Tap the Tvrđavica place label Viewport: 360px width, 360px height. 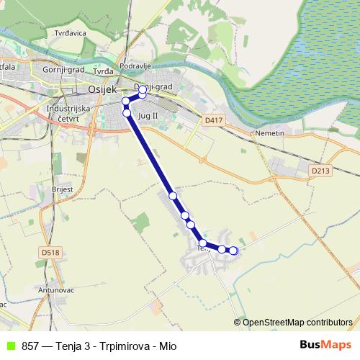(x=71, y=32)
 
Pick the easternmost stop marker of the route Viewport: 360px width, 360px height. (x=233, y=251)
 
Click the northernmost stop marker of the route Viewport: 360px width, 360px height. (x=143, y=90)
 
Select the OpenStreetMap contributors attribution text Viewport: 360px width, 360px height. (x=297, y=323)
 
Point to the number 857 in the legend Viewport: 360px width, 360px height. (x=30, y=346)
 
